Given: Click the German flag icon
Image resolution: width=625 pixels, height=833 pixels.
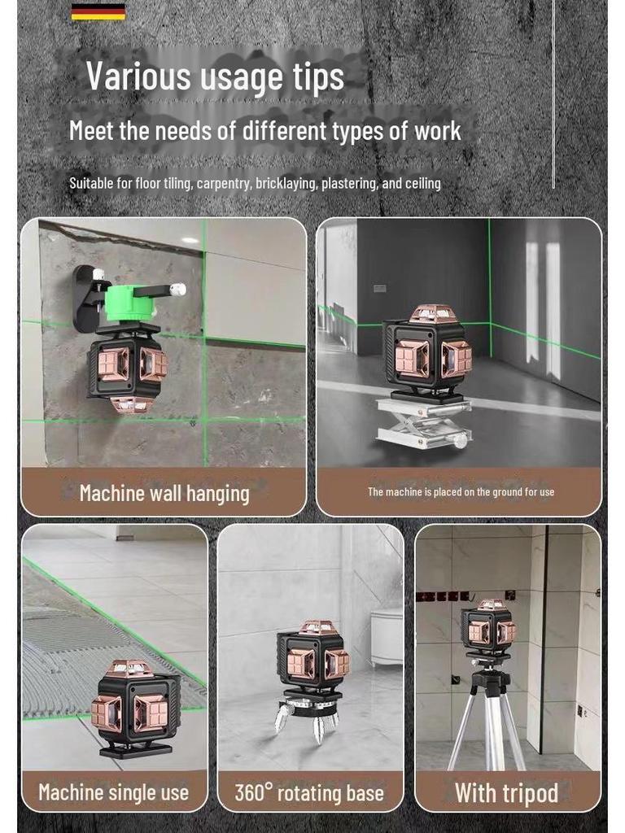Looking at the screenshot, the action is pos(98,11).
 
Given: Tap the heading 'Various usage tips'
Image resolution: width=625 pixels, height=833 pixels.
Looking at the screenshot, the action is pos(215,76).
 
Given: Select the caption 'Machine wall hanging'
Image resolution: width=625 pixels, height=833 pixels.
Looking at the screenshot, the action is pos(164,493).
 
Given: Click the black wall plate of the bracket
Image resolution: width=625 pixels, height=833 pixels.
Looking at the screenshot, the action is pos(85,298).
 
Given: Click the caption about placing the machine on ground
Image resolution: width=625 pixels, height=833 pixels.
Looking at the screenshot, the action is pos(461,492).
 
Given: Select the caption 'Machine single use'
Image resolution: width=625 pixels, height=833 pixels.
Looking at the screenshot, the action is pos(114,792).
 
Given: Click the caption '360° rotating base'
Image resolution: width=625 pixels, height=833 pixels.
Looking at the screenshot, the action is pos(309,793).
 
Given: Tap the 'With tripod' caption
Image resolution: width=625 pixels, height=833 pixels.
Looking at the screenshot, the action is pos(506,793).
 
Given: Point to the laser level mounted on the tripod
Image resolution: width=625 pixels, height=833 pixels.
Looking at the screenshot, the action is pos(488,630).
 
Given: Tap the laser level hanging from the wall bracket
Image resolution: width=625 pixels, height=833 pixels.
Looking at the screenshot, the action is pos(126,368).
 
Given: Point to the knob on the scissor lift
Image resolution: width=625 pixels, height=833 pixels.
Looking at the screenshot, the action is pos(461,440).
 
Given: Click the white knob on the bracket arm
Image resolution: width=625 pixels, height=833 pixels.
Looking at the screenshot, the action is pos(178,290).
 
